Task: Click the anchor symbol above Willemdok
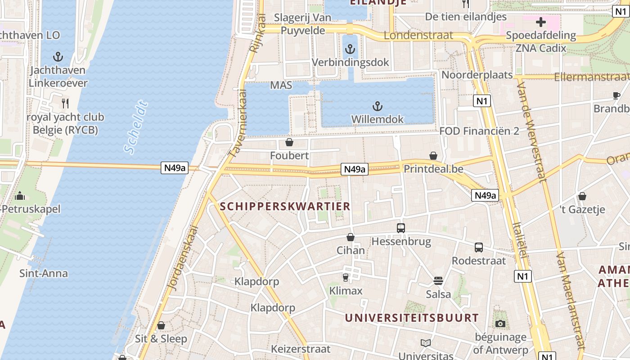pyautogui.click(x=378, y=106)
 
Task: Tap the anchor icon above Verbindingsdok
pyautogui.click(x=350, y=49)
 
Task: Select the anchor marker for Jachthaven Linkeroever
pyautogui.click(x=58, y=57)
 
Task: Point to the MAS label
pyautogui.click(x=281, y=85)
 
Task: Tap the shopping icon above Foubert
pyautogui.click(x=289, y=143)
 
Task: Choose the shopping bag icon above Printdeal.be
pyautogui.click(x=433, y=156)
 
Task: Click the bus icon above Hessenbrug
pyautogui.click(x=401, y=228)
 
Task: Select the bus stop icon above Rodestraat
pyautogui.click(x=479, y=247)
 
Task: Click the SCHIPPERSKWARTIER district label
pyautogui.click(x=285, y=207)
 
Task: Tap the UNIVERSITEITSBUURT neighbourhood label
pyautogui.click(x=412, y=318)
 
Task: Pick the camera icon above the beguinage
pyautogui.click(x=500, y=324)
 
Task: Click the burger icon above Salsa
pyautogui.click(x=438, y=281)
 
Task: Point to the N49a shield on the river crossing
pyautogui.click(x=175, y=168)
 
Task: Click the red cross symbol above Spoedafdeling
pyautogui.click(x=541, y=22)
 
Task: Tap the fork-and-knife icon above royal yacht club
pyautogui.click(x=65, y=103)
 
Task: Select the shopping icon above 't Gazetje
pyautogui.click(x=582, y=196)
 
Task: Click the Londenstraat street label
pyautogui.click(x=424, y=36)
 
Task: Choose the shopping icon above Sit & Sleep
pyautogui.click(x=161, y=325)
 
